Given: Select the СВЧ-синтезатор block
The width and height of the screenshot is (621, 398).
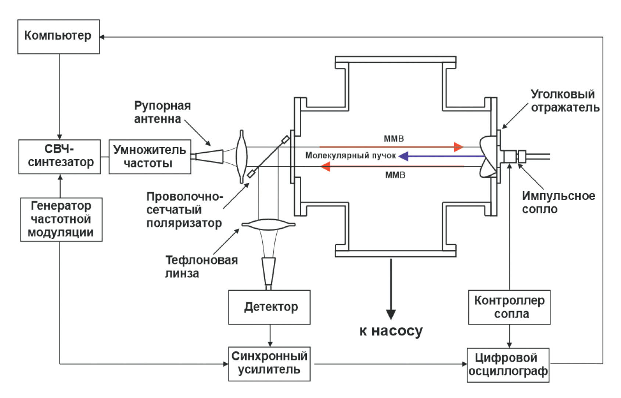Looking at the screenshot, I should [60, 157].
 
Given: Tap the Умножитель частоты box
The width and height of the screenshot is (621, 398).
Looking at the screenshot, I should [150, 157].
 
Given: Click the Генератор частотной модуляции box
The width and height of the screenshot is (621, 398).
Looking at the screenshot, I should [61, 220].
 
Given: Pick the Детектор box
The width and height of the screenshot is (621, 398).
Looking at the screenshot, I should [269, 307].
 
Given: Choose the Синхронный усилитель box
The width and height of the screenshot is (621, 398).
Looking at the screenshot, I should [269, 364].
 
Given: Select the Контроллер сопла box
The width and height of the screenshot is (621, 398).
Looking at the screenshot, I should [509, 307].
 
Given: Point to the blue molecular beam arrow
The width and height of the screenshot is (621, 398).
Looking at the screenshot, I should [441, 156].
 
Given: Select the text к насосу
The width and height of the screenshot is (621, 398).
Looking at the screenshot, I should [391, 331].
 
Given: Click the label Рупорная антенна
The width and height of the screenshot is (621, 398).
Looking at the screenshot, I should [162, 112].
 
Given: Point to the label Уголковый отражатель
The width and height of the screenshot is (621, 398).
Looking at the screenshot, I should [565, 101].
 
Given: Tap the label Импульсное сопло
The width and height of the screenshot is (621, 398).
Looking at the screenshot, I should [558, 202].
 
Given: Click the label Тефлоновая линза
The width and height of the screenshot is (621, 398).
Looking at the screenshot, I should [201, 267].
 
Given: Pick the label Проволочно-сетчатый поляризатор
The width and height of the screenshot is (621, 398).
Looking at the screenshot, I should [184, 210].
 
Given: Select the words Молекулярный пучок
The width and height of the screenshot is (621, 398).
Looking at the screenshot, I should [351, 156].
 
